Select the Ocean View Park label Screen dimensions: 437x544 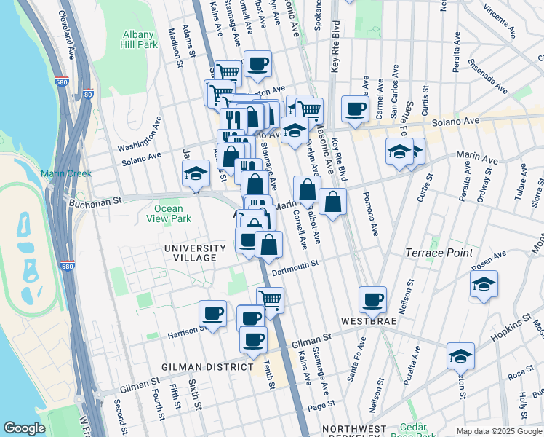coord(168,213)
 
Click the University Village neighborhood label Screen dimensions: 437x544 coord(190,253)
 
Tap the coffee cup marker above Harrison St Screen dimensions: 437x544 coord(212,313)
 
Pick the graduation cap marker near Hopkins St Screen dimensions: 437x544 coord(460,355)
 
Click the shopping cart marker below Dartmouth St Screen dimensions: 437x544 coord(270,299)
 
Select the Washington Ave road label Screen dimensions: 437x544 coord(137,135)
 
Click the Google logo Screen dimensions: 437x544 coord(24,428)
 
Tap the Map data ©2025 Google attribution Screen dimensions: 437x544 coord(499,431)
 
